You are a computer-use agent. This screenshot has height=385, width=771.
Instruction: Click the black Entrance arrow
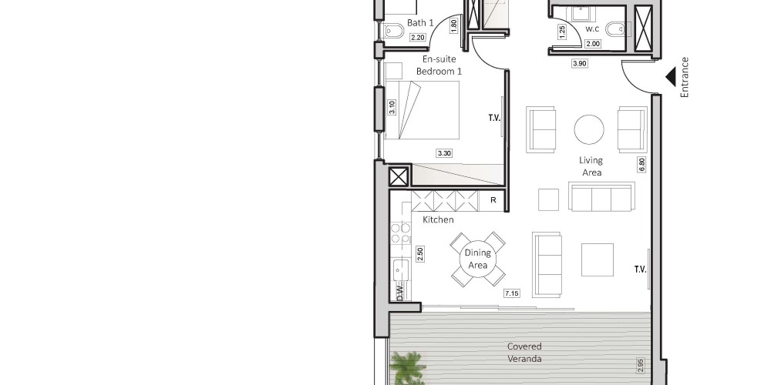[671, 77]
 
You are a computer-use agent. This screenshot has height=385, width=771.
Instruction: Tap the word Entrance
[685, 77]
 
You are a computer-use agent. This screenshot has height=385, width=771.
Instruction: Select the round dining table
[477, 259]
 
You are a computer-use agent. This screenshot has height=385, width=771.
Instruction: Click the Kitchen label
[438, 219]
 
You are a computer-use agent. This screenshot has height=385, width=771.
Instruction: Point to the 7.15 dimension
[512, 293]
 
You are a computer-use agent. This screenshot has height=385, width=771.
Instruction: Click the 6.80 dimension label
[641, 165]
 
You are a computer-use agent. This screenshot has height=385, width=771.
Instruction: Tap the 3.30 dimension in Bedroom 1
[444, 153]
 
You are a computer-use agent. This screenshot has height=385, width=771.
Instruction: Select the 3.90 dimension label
[580, 63]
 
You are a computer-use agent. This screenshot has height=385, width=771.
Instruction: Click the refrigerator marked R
[493, 200]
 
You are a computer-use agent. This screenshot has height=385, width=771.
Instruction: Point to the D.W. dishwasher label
[400, 292]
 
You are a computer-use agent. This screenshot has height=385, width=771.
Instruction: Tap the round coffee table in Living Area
[589, 129]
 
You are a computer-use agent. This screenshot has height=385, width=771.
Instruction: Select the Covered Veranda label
[524, 353]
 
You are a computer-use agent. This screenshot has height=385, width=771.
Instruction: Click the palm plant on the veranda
[408, 368]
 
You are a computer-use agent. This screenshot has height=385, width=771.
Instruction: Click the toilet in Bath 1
[393, 32]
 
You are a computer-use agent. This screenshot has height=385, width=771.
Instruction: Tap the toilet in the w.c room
[615, 29]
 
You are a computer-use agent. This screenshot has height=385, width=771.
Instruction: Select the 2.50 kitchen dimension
[420, 254]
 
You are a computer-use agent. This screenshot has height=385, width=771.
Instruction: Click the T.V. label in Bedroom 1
[494, 118]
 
